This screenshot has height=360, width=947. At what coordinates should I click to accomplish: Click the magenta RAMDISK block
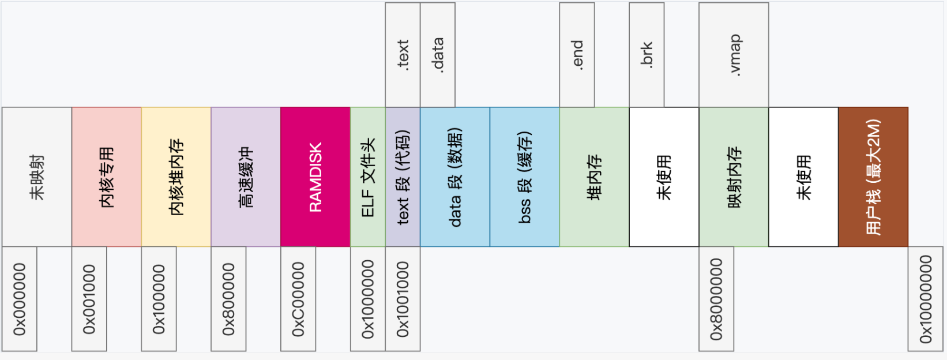point(315,177)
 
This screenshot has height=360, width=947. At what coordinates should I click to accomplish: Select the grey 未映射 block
point(37,177)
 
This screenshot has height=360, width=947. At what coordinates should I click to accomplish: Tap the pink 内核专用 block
point(107,177)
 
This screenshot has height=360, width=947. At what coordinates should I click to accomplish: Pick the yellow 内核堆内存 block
point(176,177)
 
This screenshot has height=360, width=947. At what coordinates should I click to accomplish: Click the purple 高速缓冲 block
point(246,177)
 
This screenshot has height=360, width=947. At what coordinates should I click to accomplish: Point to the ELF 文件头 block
point(368,177)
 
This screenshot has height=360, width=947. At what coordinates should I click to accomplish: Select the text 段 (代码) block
point(403,177)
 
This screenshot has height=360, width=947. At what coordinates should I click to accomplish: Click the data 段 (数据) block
point(455,177)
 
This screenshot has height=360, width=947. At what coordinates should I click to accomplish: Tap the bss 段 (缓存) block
point(524,177)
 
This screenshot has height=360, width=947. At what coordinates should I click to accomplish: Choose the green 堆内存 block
point(594,177)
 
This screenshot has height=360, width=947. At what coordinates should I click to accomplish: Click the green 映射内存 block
point(734,177)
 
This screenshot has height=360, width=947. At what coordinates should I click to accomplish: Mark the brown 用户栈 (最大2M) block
point(873,177)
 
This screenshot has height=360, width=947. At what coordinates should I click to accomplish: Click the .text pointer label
point(403,55)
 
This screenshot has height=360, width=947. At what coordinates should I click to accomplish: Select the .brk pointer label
point(647,55)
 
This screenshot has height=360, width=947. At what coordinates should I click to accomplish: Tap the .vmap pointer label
point(734,55)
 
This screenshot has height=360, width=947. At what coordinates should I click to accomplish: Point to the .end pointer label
point(577,55)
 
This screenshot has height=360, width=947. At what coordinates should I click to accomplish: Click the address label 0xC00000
point(298,299)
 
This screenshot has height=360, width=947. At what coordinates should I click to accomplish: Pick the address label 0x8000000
point(716,299)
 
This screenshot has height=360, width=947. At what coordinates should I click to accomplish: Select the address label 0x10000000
point(926,299)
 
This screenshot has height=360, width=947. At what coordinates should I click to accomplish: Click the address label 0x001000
point(89,299)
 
